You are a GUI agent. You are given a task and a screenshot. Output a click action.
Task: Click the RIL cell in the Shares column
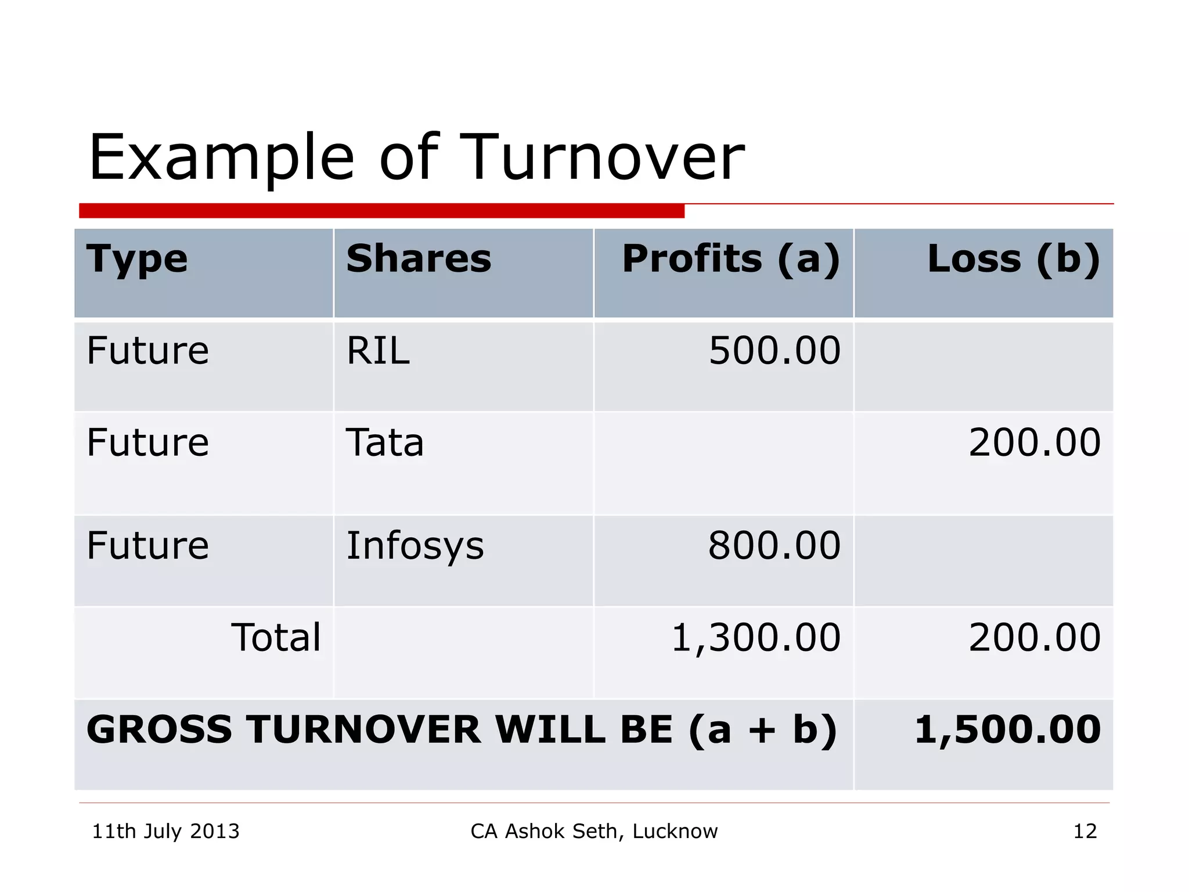tap(378, 351)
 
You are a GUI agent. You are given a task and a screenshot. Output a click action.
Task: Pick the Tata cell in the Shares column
tap(385, 443)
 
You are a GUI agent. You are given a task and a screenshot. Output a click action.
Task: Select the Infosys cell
tap(415, 546)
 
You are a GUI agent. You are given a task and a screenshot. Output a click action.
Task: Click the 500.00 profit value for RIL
tap(774, 351)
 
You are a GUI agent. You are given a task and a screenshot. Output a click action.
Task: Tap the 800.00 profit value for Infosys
tap(774, 546)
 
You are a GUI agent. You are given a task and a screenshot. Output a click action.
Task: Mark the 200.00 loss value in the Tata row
tap(1034, 443)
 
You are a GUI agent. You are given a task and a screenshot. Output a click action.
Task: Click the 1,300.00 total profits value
tap(756, 638)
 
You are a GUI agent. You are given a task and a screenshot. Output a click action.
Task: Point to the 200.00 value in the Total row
tap(1034, 638)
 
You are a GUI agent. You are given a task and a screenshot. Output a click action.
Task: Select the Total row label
tap(276, 638)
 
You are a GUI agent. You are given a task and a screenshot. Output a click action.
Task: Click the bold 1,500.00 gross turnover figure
tap(1007, 730)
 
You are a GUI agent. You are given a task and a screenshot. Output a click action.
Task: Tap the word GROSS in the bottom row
tap(159, 730)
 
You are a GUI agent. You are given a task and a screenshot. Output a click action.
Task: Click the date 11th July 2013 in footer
tap(166, 832)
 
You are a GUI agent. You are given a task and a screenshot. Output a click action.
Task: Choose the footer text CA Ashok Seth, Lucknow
tap(594, 832)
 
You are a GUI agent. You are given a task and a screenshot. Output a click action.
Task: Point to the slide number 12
tap(1084, 832)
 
